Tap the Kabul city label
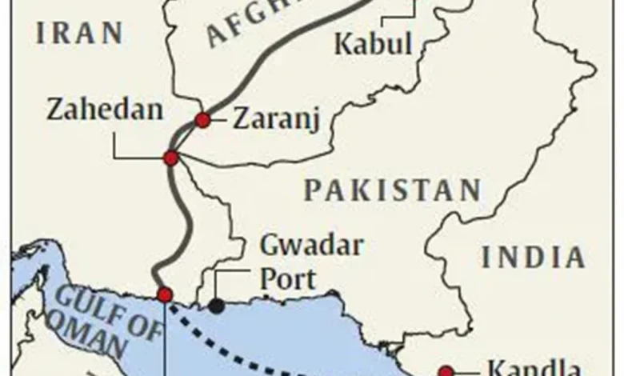click(x=373, y=44)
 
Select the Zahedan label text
click(x=105, y=110)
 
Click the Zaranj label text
click(x=276, y=120)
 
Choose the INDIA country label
click(x=534, y=258)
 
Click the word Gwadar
click(x=312, y=246)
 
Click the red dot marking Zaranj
click(x=203, y=120)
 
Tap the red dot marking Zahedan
click(x=170, y=158)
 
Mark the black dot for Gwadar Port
click(x=216, y=305)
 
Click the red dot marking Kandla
click(x=446, y=371)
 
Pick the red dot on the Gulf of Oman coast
click(x=165, y=294)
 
